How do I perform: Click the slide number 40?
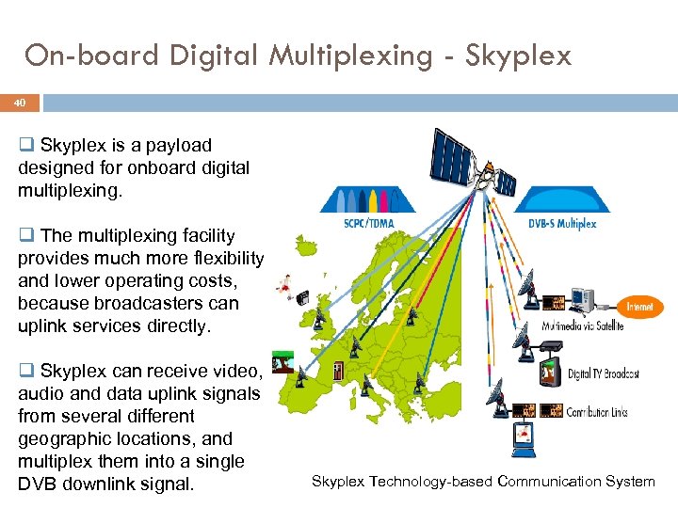click(x=19, y=103)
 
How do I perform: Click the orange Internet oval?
click(x=645, y=307)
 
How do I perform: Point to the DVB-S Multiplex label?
click(x=563, y=224)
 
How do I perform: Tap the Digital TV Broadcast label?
click(x=603, y=373)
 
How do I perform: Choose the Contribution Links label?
click(x=597, y=411)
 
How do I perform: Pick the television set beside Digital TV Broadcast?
click(x=552, y=372)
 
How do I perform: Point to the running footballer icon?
click(x=282, y=282)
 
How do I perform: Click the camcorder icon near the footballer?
click(x=303, y=299)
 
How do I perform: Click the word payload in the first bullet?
click(x=178, y=146)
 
